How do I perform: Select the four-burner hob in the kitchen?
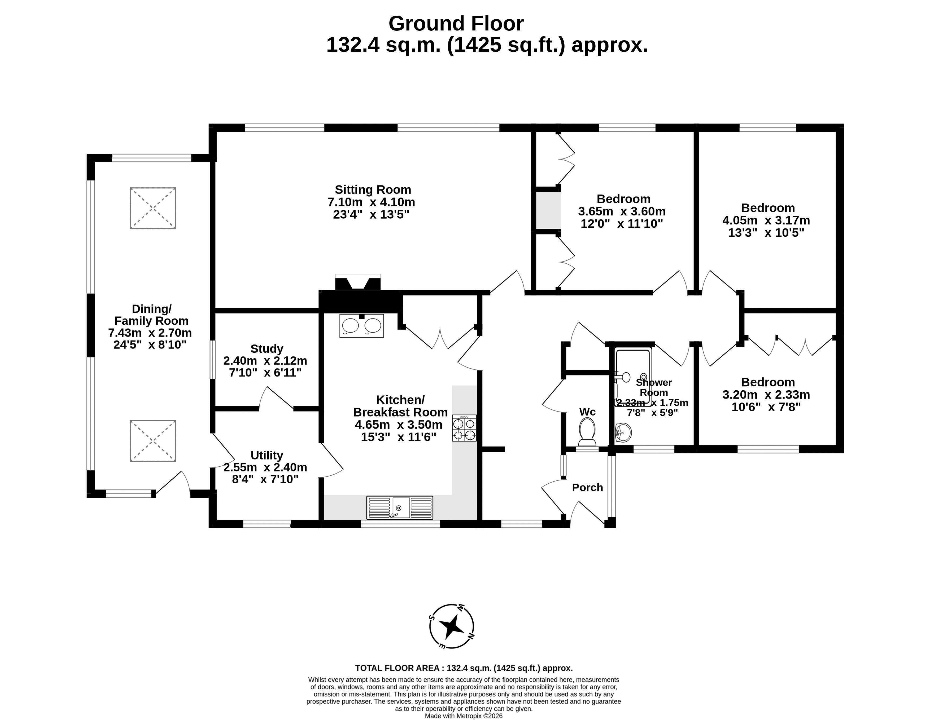pos(464,428)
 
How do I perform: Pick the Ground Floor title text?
pos(456,24)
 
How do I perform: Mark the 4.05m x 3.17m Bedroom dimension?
pos(766,221)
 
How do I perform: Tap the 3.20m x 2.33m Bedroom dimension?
pos(766,395)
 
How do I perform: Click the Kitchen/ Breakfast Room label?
pos(400,406)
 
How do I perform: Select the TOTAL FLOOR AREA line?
pos(464,668)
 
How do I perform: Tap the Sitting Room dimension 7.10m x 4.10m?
pos(371,202)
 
